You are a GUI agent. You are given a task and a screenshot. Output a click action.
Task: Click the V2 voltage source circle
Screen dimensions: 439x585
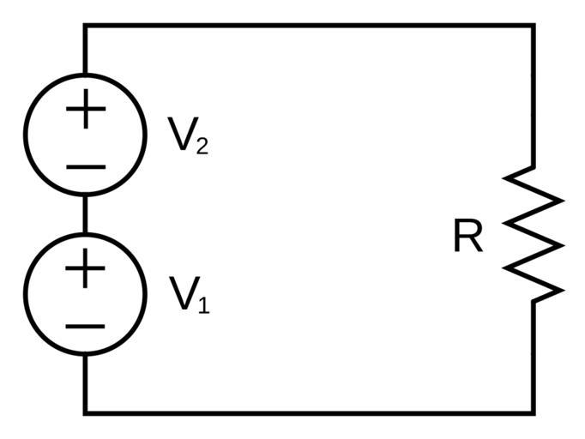85,135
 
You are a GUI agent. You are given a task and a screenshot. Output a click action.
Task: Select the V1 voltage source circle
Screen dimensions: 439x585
85,294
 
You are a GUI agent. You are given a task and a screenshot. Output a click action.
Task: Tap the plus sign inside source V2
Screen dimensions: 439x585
85,111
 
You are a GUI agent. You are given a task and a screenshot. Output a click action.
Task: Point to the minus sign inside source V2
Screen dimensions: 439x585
85,166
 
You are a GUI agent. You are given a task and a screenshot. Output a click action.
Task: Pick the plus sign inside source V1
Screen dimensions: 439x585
85,270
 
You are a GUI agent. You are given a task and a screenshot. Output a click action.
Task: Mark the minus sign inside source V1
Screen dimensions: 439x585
85,326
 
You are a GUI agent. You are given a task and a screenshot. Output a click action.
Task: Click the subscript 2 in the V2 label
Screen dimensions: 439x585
202,147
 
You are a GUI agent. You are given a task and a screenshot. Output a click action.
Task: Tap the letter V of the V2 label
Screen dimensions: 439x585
181,135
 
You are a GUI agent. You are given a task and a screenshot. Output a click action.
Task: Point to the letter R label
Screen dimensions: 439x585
467,238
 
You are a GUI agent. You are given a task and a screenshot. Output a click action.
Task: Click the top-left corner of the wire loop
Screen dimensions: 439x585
85,26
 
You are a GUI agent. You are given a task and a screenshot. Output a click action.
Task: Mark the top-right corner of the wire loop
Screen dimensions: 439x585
534,26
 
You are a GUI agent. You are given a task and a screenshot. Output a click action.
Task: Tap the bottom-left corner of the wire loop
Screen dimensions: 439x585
85,413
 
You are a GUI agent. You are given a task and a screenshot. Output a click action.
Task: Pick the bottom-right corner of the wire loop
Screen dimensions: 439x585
534,413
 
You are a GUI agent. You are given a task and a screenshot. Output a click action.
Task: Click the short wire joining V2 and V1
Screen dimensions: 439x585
85,214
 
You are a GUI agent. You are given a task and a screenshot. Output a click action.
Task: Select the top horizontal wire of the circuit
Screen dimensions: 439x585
309,26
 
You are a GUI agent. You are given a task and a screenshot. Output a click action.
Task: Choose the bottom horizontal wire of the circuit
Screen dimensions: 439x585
309,413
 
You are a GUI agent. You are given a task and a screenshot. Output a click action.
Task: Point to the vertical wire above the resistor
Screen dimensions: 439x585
534,94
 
